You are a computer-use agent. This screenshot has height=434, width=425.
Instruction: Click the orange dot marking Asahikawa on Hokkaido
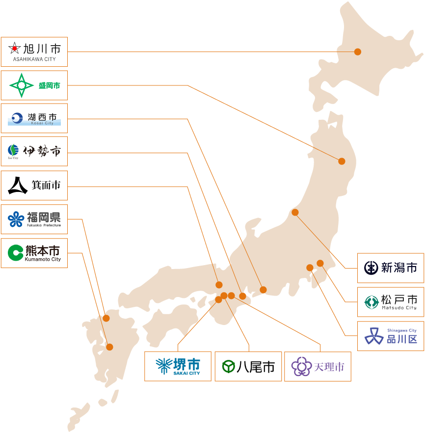pos(358,52)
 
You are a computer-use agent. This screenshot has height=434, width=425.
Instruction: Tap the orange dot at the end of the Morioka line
pos(342,161)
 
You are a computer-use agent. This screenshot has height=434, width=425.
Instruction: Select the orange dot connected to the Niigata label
pos(295,213)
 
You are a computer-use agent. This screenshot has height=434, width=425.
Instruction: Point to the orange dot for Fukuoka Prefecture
pos(106,318)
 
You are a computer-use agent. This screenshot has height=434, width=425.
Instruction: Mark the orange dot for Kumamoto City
pos(109,347)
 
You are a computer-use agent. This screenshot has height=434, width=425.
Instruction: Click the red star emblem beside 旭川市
pos(15,49)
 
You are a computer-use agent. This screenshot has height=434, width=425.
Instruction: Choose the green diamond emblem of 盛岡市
pos(22,85)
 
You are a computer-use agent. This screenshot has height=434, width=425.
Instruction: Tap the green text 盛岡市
pos(49,85)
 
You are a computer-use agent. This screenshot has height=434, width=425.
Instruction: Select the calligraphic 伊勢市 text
pos(42,151)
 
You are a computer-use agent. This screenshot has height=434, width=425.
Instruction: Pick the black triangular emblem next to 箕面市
pos(18,185)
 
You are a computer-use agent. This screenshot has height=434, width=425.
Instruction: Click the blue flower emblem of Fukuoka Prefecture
pos(16,219)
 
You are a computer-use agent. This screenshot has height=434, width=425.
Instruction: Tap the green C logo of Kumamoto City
pos(16,253)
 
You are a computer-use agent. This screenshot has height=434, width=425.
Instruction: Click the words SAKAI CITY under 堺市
pos(186,373)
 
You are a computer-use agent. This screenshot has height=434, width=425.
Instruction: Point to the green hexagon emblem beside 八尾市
pos(228,366)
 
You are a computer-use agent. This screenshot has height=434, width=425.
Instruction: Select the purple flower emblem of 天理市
pos(301,366)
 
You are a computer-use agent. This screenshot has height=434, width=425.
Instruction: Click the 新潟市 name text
pos(399,268)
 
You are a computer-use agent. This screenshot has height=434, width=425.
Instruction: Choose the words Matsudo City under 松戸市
pos(399,308)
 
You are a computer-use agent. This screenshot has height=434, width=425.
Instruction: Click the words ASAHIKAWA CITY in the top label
pos(34,59)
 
